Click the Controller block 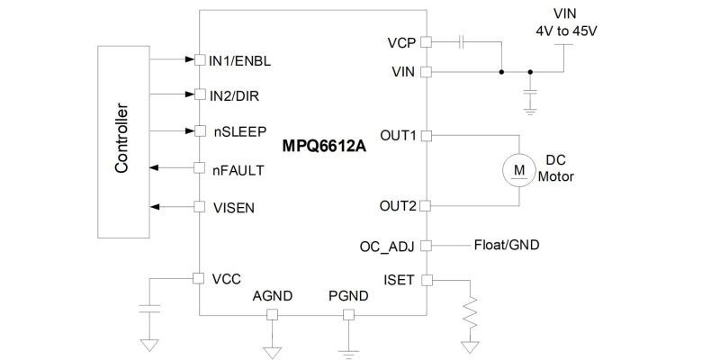tap(121, 139)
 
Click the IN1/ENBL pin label tap(240, 61)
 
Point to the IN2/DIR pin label tap(236, 94)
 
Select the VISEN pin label tap(233, 207)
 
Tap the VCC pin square tap(200, 278)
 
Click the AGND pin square tap(272, 315)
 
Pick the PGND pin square tap(348, 315)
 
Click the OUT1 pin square tap(427, 136)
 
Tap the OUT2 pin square tap(427, 206)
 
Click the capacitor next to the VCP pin tap(462, 41)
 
